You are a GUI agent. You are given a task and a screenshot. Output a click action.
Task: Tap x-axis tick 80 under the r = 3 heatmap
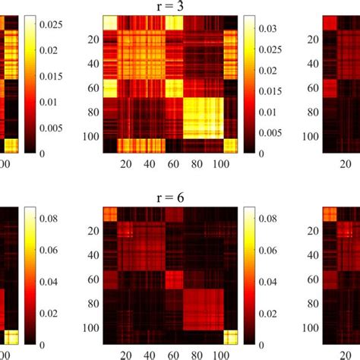tap(204, 163)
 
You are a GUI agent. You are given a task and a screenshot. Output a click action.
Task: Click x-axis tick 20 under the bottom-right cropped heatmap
tap(346, 353)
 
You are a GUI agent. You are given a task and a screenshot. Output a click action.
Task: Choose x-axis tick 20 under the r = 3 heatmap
tap(125, 163)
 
